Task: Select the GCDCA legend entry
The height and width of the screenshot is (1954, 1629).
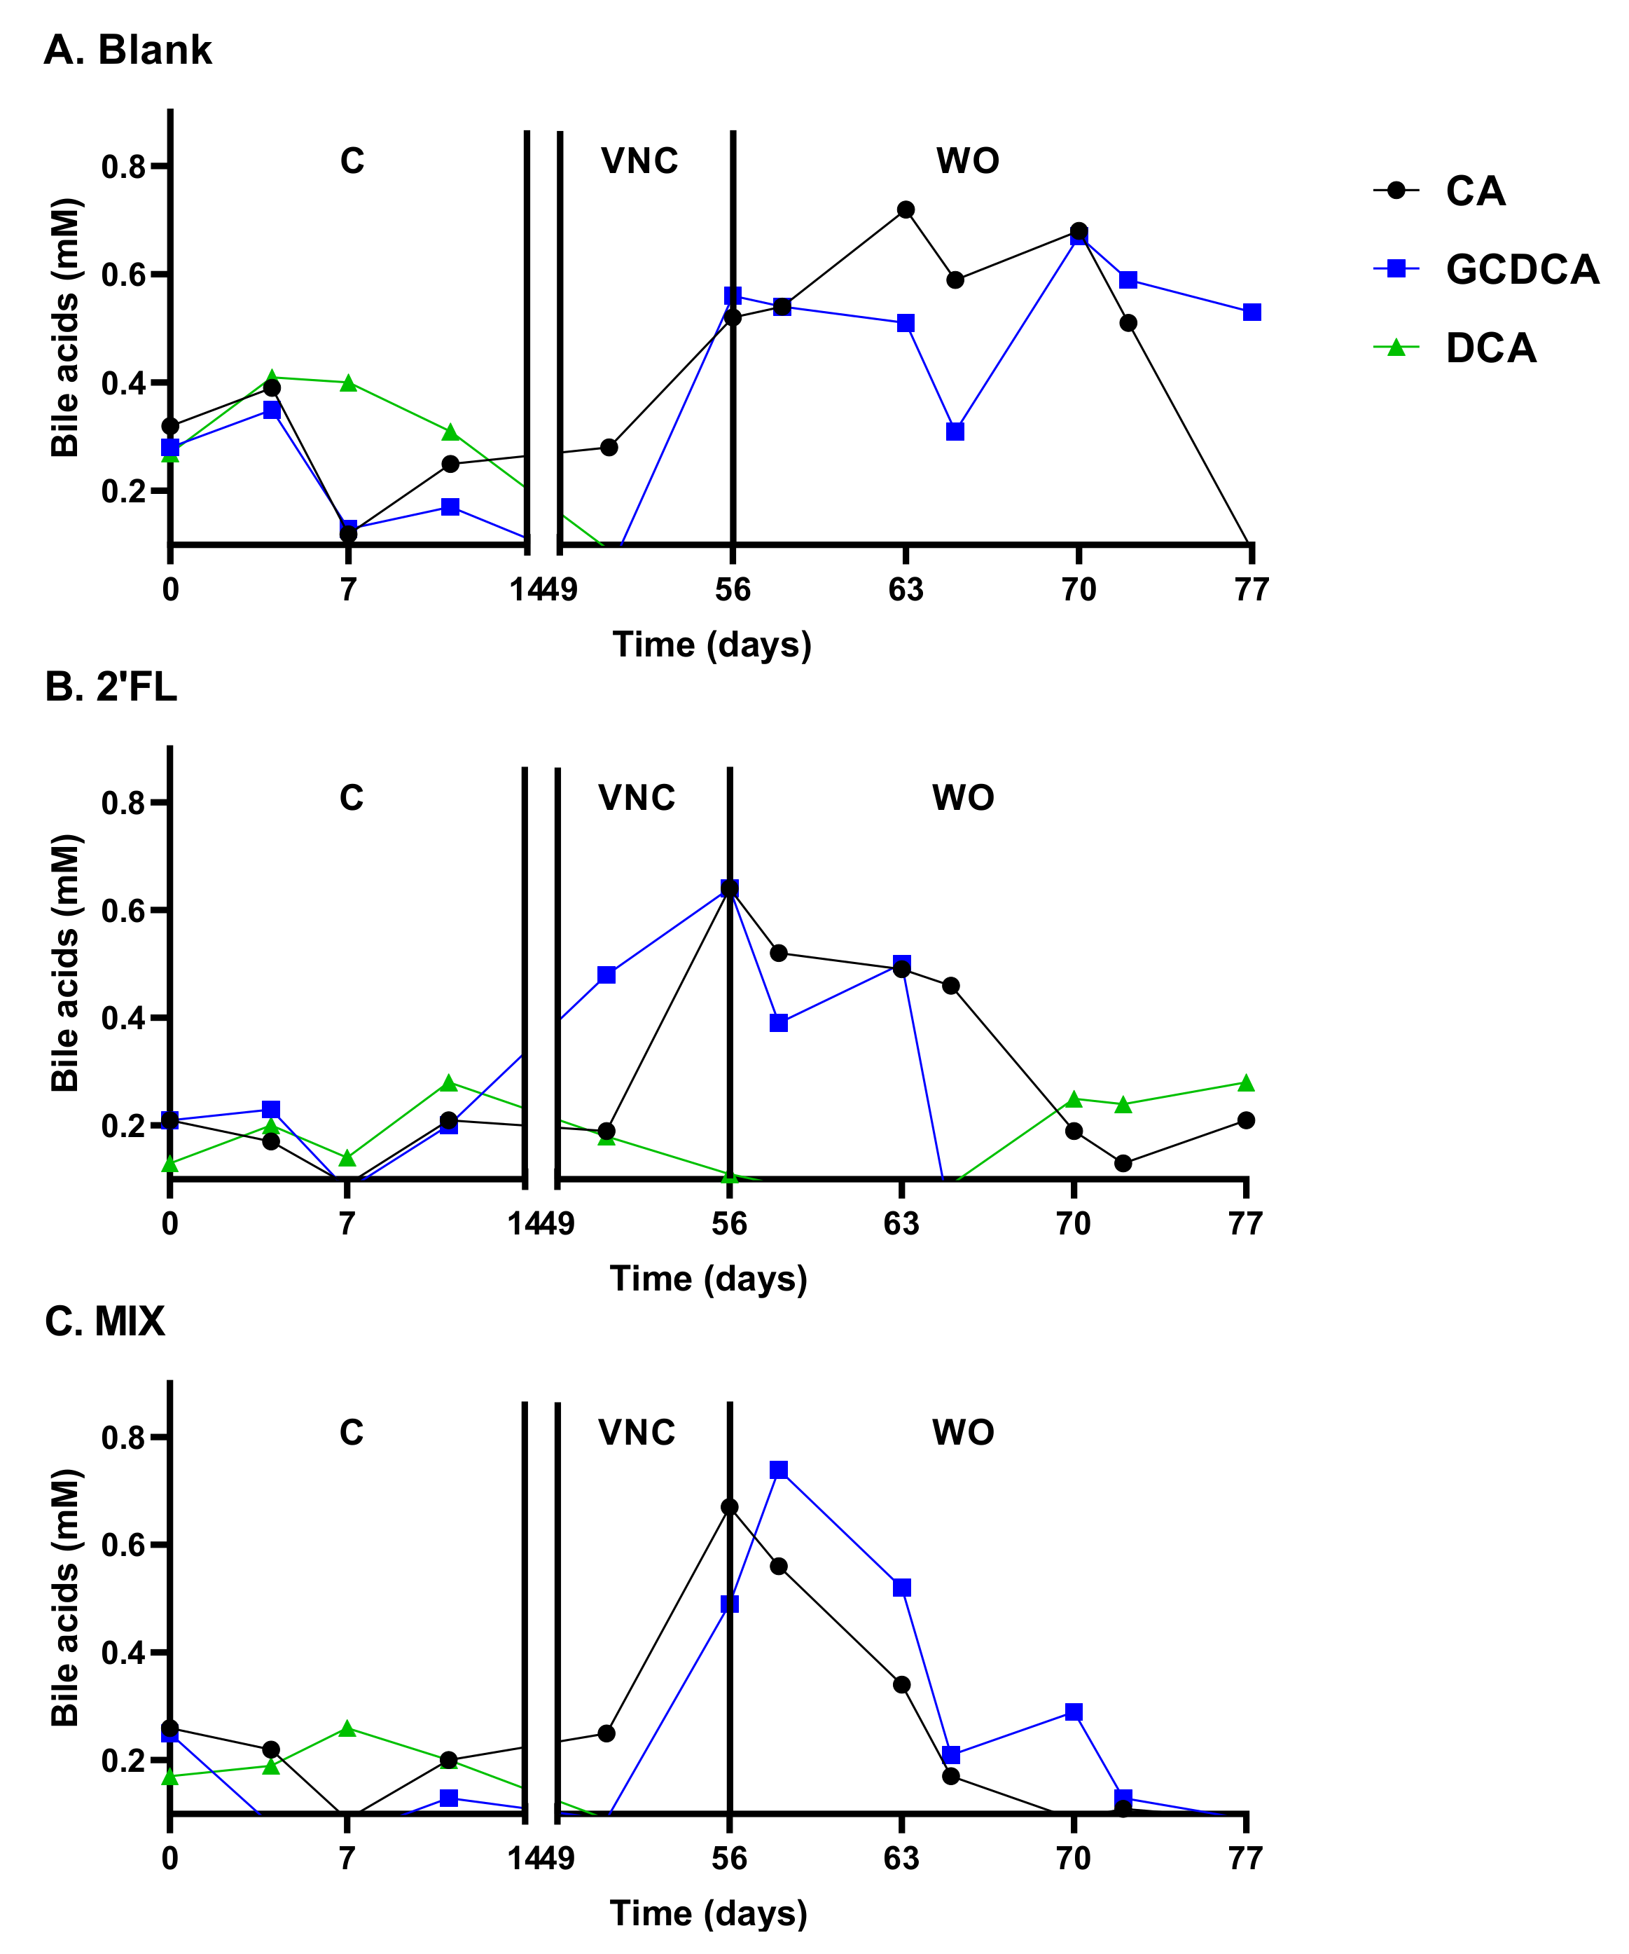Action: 1521,269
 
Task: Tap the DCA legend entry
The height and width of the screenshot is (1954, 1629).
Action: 1490,348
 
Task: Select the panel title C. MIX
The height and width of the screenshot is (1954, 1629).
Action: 105,1321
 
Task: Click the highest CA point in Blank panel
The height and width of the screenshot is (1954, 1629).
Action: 906,209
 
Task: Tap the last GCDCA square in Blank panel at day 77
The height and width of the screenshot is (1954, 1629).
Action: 1252,312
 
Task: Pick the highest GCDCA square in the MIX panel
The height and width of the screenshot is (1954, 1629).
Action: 779,1469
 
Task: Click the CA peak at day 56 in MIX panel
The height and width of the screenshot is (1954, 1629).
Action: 729,1506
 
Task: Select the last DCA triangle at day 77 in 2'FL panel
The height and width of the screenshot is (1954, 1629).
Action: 1246,1083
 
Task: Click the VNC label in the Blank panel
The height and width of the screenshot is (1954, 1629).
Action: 639,161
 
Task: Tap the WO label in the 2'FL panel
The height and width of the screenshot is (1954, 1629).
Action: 963,797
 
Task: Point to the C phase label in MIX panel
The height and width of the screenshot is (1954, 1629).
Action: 351,1432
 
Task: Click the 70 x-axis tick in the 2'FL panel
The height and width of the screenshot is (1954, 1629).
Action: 1073,1223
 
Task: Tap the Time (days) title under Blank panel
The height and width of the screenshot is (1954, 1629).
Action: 712,644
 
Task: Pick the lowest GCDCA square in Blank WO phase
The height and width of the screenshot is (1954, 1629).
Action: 955,431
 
